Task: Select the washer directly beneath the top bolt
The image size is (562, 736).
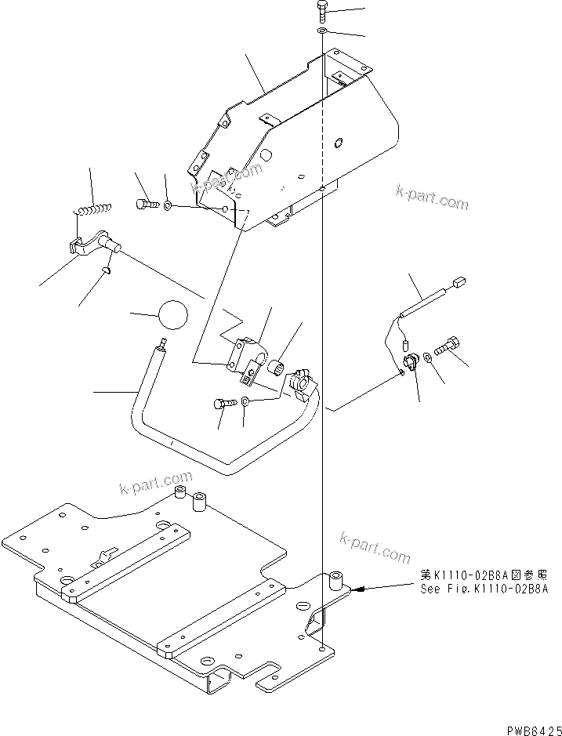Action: point(324,31)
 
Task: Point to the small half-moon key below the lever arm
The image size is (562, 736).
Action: point(107,270)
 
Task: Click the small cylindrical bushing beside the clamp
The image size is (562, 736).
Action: point(281,365)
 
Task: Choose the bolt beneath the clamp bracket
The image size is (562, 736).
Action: point(223,404)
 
